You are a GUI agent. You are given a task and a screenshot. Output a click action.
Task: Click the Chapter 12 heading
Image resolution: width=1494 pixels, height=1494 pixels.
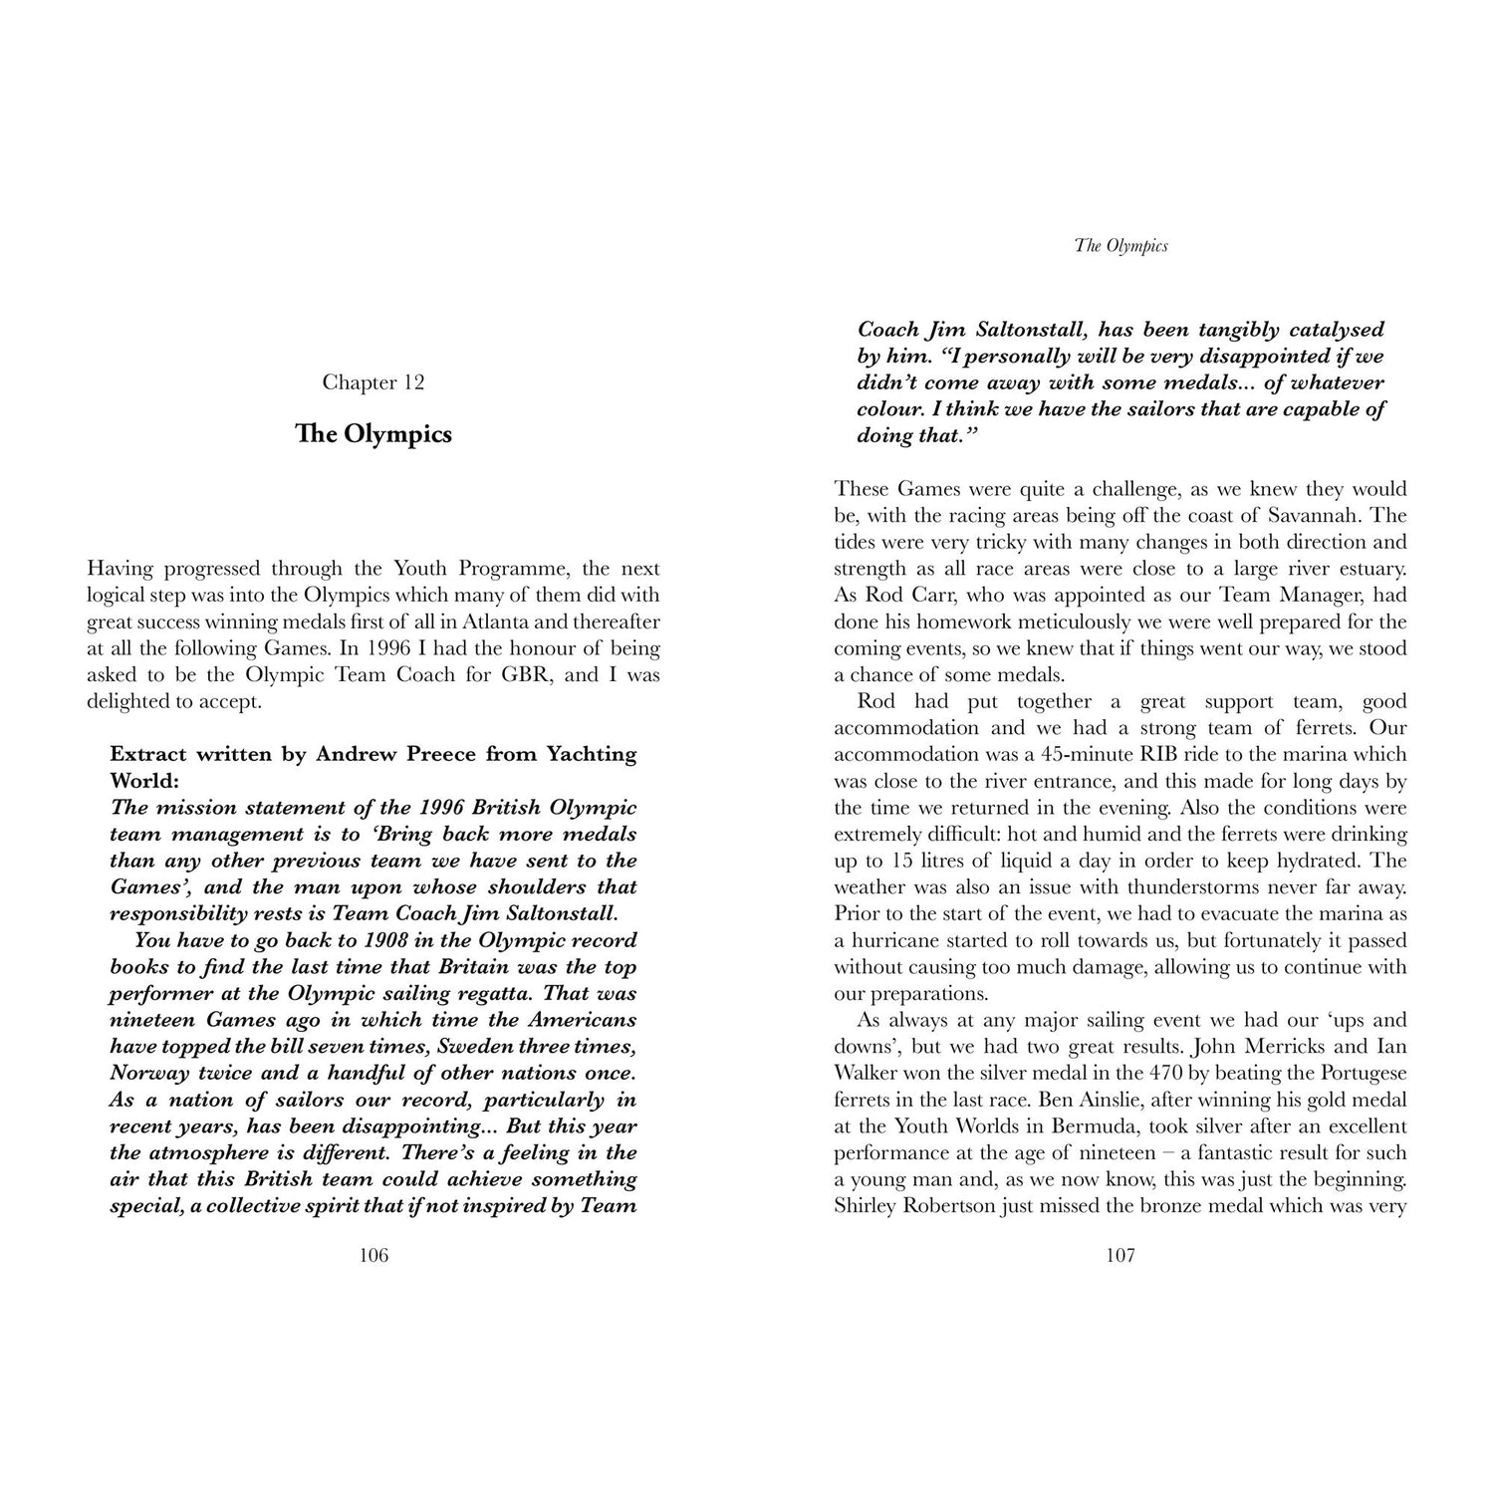click(373, 382)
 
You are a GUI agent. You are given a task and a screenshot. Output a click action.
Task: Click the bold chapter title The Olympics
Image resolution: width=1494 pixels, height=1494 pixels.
click(373, 434)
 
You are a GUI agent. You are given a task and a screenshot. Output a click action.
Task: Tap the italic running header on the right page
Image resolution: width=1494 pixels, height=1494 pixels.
click(1120, 245)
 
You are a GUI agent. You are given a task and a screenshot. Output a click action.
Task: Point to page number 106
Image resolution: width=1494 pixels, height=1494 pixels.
click(373, 1255)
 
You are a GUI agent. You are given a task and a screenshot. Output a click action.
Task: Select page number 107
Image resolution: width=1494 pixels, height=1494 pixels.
click(1120, 1255)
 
